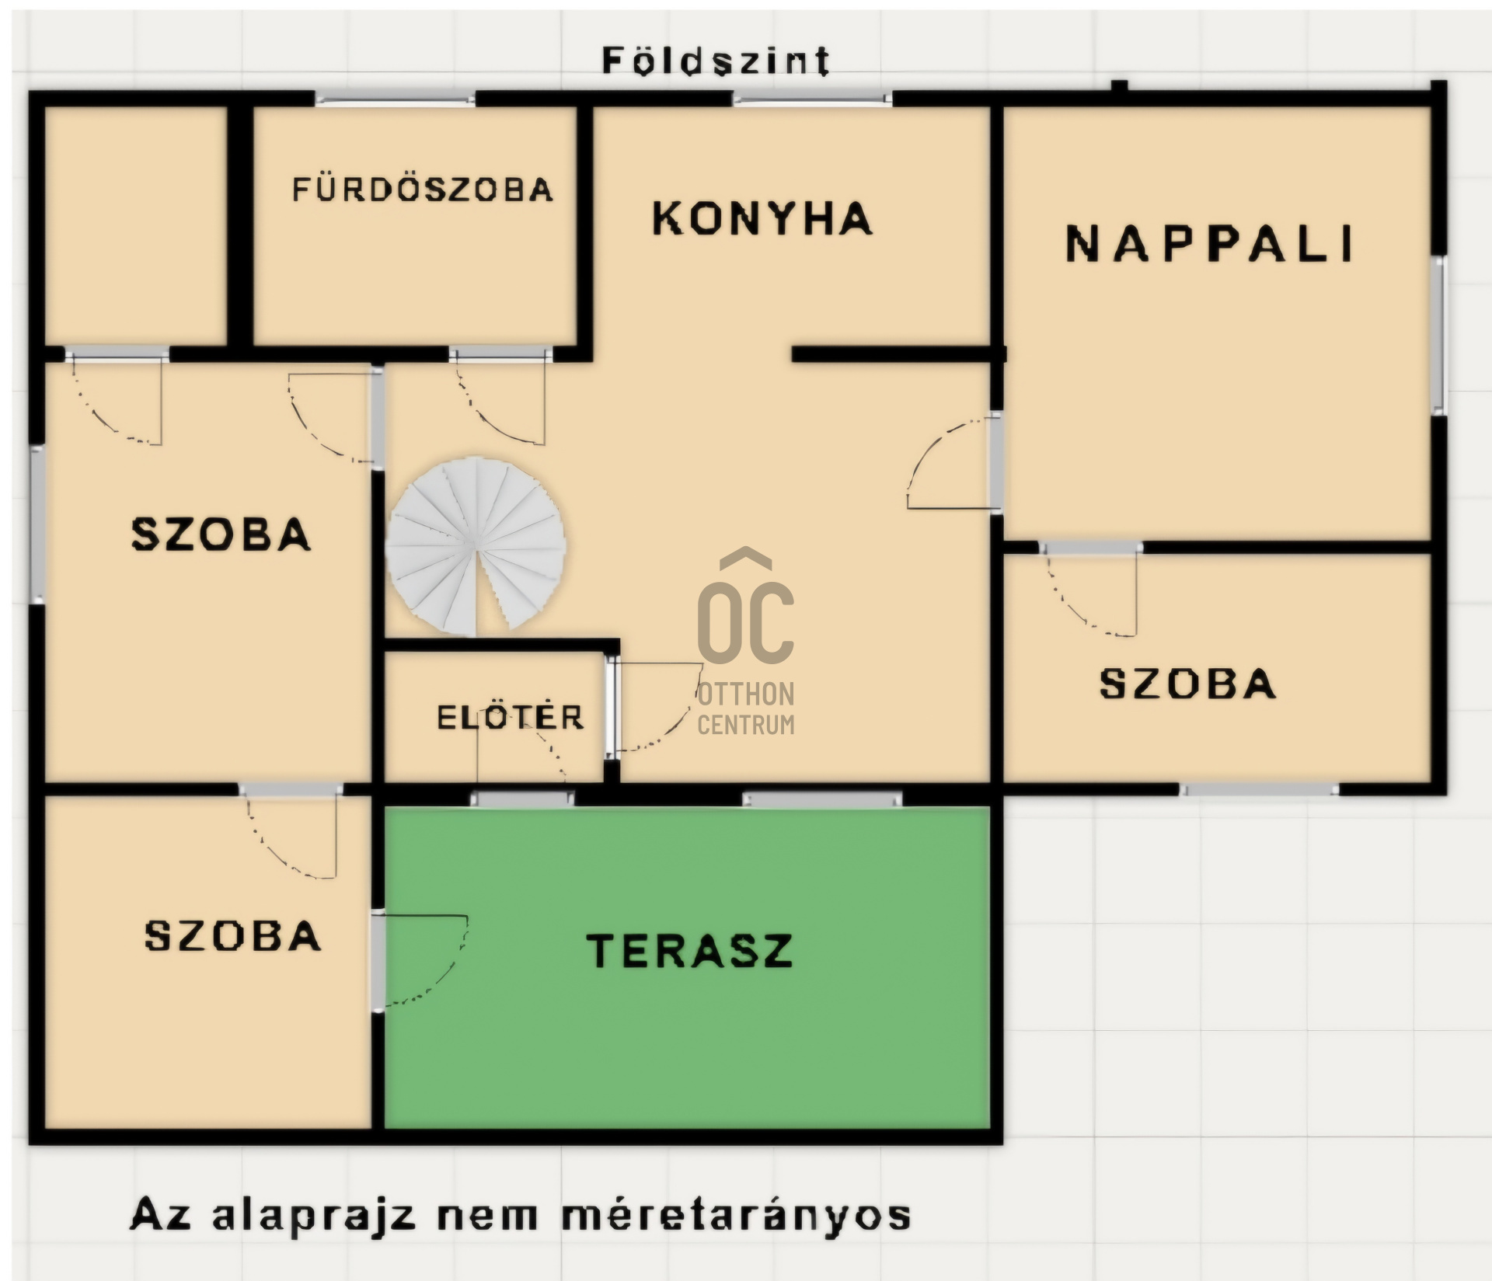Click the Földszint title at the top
tap(716, 60)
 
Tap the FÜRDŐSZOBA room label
tap(423, 190)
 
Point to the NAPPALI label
tap(1209, 243)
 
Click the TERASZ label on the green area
tap(690, 950)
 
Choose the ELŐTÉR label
tap(510, 716)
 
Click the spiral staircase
tap(476, 546)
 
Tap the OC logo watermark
tap(746, 607)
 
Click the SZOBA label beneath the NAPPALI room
tap(1187, 684)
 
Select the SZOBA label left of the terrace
tap(233, 935)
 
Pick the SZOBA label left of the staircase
tap(221, 534)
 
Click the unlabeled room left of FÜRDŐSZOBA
tap(136, 225)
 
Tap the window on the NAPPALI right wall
tap(1439, 336)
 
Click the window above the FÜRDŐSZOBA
tap(395, 99)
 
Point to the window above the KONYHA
tap(813, 99)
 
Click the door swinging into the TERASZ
tap(420, 960)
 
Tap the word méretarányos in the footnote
tap(736, 1214)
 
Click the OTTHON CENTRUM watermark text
tap(746, 708)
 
